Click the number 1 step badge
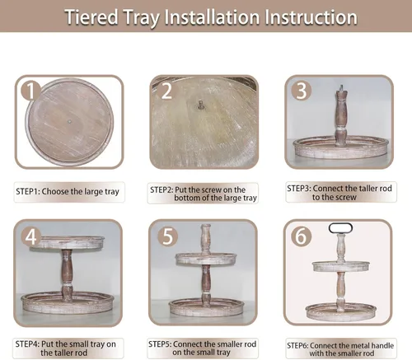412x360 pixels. click(30, 91)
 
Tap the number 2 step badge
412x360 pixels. click(166, 91)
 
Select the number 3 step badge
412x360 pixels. click(302, 91)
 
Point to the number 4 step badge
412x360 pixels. click(30, 236)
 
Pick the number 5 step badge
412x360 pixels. click(167, 236)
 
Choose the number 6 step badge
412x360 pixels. click(301, 236)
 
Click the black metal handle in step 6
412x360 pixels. click(340, 223)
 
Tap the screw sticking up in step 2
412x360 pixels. click(200, 105)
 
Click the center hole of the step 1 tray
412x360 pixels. click(70, 121)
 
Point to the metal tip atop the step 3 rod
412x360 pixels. click(341, 88)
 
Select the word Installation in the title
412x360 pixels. click(212, 17)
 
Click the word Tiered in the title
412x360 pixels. click(91, 17)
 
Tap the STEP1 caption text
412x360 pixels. click(68, 191)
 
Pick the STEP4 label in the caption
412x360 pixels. click(27, 344)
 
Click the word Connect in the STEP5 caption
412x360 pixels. click(188, 344)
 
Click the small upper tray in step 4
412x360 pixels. click(68, 242)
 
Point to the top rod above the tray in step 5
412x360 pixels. click(206, 238)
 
